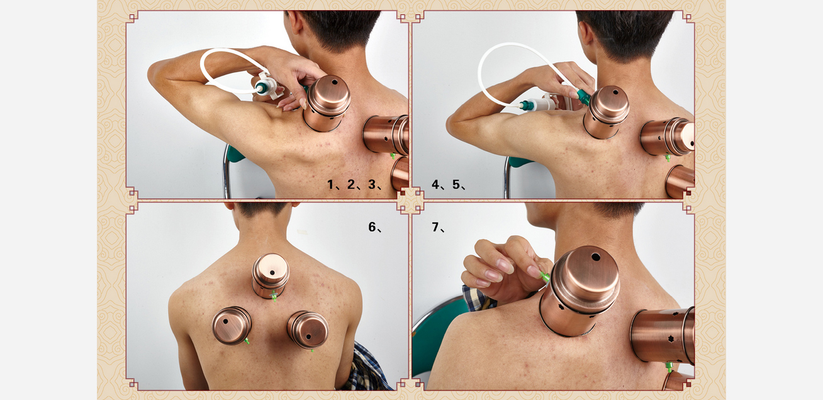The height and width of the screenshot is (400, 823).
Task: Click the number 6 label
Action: click(x=372, y=227)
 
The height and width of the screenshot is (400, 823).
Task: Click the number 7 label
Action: click(x=435, y=227)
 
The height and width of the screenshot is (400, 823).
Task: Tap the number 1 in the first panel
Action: click(x=330, y=184)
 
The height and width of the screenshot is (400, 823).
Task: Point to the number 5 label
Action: click(x=456, y=184)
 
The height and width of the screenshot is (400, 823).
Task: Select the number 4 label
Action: click(x=436, y=184)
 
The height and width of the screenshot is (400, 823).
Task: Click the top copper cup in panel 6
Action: click(x=271, y=275)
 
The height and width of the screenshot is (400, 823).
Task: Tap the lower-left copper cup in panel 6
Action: click(x=232, y=325)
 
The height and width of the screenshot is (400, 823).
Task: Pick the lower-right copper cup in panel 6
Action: click(x=308, y=330)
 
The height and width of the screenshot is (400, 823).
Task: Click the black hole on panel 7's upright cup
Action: click(x=596, y=257)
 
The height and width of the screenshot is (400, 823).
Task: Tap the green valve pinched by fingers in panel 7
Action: click(x=544, y=276)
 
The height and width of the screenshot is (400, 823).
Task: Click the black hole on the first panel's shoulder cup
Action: click(x=334, y=82)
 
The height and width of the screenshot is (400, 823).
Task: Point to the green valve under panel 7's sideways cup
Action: click(x=669, y=367)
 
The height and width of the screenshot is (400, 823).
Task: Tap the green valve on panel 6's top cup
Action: click(x=274, y=296)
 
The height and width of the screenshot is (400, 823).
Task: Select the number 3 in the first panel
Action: click(x=372, y=184)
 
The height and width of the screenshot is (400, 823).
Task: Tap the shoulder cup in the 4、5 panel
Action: click(x=606, y=112)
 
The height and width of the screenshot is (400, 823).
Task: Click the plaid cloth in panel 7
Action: click(x=478, y=298)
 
